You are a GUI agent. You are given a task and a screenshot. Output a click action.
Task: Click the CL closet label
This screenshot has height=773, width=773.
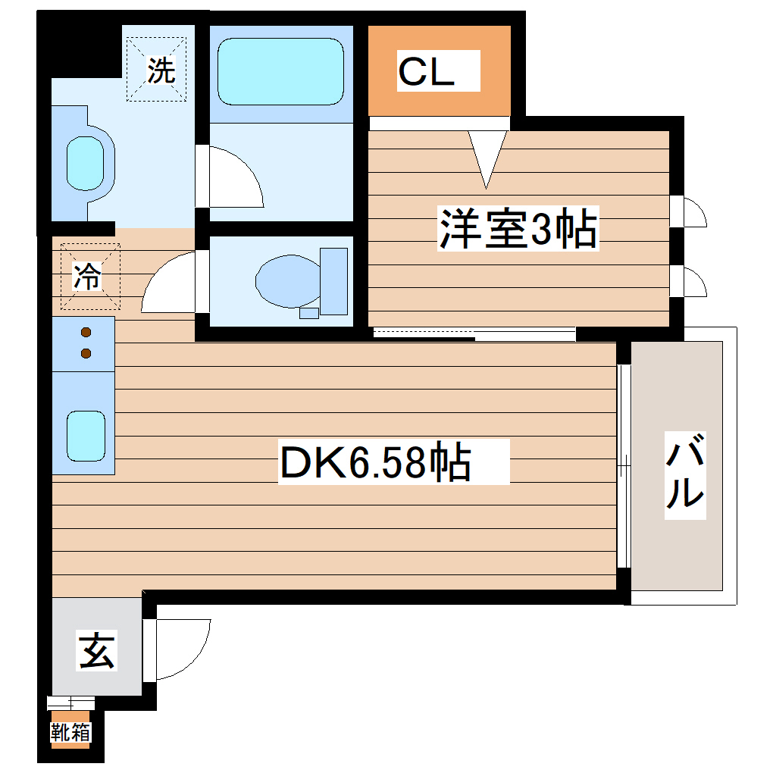coord(426,72)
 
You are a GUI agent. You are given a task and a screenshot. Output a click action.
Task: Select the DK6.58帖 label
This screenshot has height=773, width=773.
coord(376,463)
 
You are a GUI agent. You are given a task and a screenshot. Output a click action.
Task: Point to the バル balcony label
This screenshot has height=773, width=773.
coord(685,475)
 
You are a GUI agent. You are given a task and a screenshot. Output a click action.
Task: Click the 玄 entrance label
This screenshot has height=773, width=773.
coord(98,651)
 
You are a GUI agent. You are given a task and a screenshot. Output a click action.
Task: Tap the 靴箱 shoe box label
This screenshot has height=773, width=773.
coord(70,732)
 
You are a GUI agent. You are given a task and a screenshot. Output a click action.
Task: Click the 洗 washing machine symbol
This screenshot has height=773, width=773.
coord(160,70)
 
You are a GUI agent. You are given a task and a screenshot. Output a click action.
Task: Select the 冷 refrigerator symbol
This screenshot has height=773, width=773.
coord(89,277)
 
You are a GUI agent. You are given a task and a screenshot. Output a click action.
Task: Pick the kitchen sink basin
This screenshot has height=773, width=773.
coord(85,435)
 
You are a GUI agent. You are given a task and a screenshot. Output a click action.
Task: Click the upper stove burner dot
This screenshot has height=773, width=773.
coord(86,332)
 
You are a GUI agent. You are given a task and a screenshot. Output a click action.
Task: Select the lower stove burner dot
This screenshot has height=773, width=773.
coord(86,352)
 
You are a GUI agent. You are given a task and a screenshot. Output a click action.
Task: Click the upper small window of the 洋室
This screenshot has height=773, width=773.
coord(691,211)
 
